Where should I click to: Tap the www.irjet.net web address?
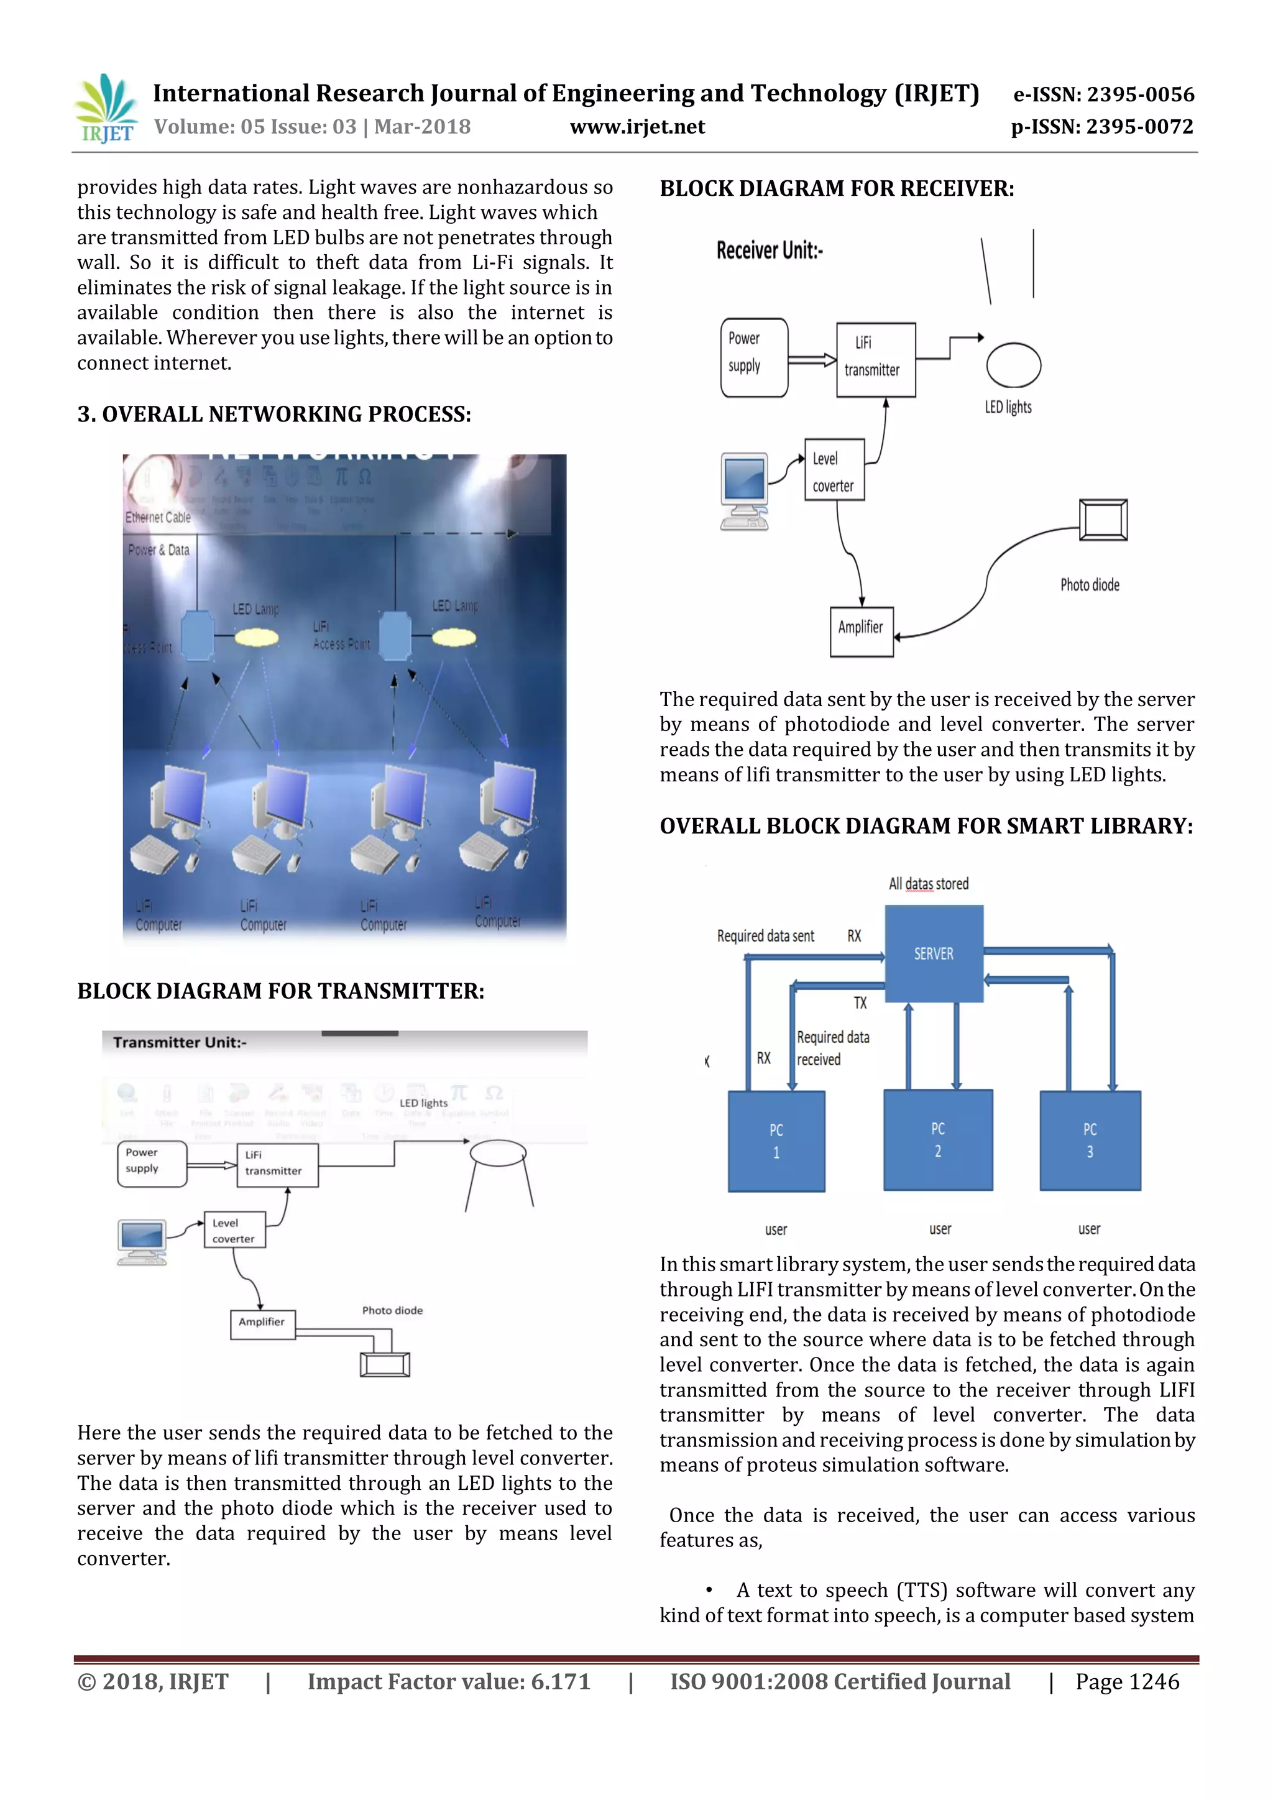(636, 127)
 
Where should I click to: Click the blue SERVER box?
(934, 953)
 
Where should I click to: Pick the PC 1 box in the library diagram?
(776, 1141)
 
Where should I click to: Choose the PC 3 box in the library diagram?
(1090, 1141)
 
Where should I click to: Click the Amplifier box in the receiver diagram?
(861, 631)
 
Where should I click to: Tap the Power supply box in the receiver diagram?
(753, 357)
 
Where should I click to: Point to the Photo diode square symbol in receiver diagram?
(1103, 520)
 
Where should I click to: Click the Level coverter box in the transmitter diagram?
(234, 1230)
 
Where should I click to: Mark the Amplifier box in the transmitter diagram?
(262, 1324)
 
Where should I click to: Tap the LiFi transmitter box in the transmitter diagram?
(277, 1164)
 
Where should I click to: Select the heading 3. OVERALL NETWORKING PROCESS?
(273, 414)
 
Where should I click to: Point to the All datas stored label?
(928, 884)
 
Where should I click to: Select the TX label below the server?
(860, 1003)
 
